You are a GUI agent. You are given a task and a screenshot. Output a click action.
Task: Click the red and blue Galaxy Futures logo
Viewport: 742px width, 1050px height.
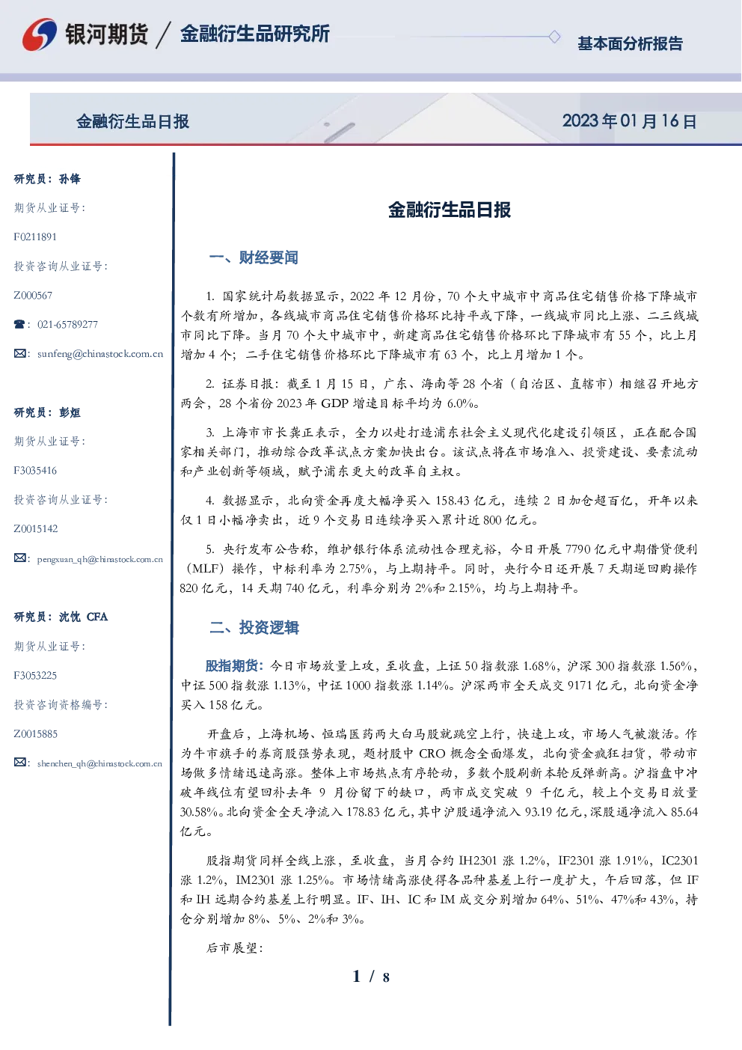tap(40, 34)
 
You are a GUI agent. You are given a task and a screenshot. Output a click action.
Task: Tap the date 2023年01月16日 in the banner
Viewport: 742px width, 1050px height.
tap(629, 121)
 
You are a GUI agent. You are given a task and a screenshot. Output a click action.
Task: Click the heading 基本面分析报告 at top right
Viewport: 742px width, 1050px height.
tap(630, 43)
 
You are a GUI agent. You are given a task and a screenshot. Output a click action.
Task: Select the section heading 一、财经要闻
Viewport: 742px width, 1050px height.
tap(254, 257)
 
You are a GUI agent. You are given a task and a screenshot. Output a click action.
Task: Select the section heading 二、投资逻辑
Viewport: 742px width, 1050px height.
tap(254, 627)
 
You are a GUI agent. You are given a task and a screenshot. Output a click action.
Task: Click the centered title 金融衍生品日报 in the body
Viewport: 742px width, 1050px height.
tap(450, 210)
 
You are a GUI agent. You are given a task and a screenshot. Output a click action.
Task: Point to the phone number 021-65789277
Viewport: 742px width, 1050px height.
tap(68, 324)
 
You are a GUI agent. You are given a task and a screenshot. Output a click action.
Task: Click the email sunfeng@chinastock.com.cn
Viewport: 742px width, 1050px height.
tap(100, 354)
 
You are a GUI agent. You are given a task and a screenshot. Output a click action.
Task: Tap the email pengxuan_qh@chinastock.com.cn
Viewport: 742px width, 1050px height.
tap(100, 559)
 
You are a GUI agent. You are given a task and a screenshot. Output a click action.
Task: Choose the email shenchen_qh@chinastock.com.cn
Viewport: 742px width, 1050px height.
tap(99, 763)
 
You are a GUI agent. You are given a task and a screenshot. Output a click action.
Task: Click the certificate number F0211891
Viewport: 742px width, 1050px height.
tap(35, 236)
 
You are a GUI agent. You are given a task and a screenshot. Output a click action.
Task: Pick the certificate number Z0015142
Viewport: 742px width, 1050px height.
tap(36, 529)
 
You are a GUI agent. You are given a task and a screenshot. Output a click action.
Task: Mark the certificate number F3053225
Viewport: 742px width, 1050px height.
tap(35, 676)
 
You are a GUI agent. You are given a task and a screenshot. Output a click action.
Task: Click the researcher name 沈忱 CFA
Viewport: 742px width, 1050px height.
tap(83, 617)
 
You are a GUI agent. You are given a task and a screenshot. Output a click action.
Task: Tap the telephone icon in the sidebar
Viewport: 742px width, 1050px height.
tap(19, 324)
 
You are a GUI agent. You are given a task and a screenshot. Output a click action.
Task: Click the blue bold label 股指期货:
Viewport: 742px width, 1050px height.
tap(235, 665)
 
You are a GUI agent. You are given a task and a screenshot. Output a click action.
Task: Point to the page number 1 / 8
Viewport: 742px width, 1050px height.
tap(371, 977)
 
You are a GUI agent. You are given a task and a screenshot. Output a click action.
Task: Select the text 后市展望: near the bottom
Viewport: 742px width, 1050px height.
tap(235, 947)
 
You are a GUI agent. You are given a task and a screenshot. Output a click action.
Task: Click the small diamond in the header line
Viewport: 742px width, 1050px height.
tap(554, 37)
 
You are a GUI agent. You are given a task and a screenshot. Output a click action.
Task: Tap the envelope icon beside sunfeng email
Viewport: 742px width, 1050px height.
tap(19, 354)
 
